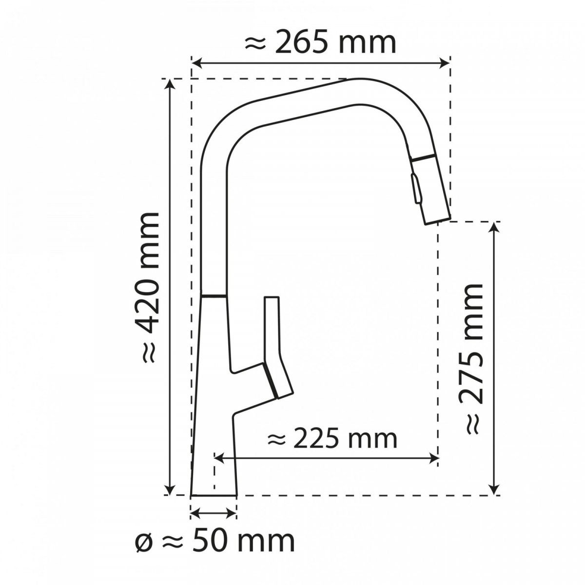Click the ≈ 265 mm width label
(x=320, y=43)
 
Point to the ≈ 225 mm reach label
(x=332, y=439)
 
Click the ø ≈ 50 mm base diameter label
(x=214, y=541)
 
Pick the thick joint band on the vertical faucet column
(x=214, y=295)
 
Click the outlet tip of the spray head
(x=437, y=221)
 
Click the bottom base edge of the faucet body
(x=214, y=495)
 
